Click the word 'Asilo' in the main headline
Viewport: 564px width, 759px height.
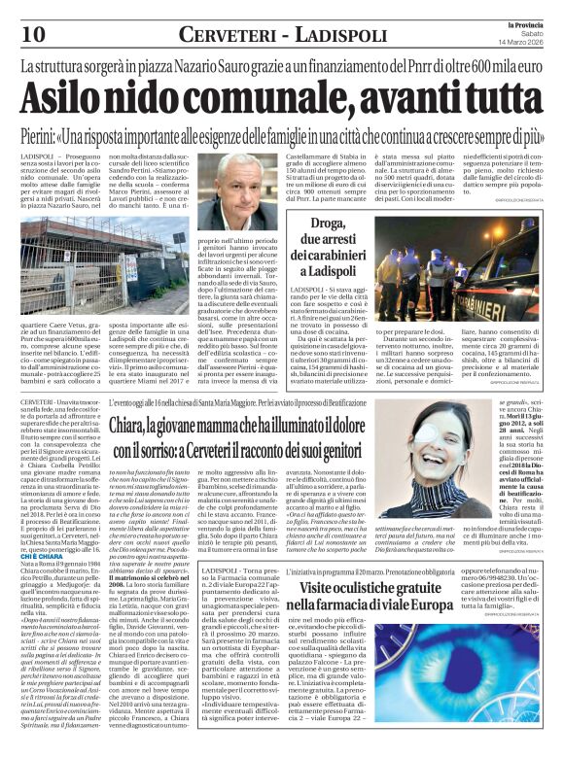77,97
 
